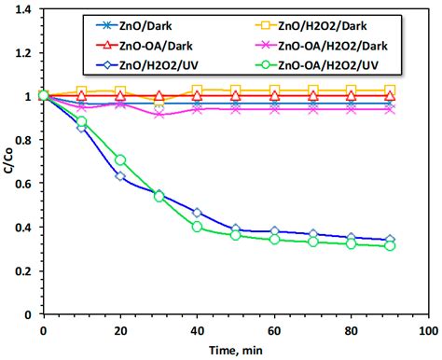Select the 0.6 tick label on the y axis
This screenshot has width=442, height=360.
pos(23,184)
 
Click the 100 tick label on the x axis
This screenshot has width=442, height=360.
pos(428,331)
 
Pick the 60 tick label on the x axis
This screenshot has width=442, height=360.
pos(274,331)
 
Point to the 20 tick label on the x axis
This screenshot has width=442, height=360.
pos(120,331)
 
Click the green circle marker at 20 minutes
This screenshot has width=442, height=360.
pos(120,160)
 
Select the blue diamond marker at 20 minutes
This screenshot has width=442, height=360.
pos(120,176)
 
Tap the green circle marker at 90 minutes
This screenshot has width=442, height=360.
pos(390,245)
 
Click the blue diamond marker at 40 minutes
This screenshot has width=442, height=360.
pos(198,214)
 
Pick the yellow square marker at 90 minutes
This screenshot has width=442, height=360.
pos(390,90)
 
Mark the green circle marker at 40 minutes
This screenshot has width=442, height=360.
pos(198,227)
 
